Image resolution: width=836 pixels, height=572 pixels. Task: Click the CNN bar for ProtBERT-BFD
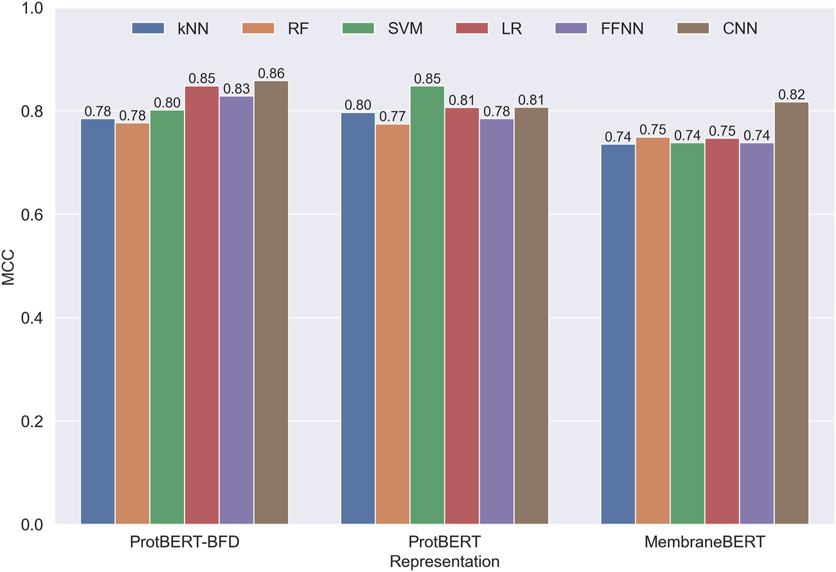[x=271, y=303]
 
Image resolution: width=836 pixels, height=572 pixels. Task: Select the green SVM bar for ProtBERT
[x=427, y=305]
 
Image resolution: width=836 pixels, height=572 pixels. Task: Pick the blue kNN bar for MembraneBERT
[x=618, y=334]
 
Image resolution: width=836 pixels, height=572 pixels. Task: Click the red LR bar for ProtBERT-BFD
[x=201, y=305]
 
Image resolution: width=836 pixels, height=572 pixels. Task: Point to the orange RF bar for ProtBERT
[x=392, y=324]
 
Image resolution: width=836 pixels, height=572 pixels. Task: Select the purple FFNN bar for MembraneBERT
[x=757, y=334]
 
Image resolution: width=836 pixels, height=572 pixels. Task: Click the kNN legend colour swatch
[x=148, y=28]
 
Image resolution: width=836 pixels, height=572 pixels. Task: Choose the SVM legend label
[x=405, y=28]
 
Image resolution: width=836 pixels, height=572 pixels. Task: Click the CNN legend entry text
[x=740, y=28]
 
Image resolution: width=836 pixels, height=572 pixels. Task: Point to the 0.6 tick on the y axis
[x=32, y=215]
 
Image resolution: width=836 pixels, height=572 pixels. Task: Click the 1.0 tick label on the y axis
[x=32, y=8]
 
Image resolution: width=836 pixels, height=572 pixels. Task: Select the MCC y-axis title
[x=9, y=267]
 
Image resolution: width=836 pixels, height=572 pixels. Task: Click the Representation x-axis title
[x=444, y=561]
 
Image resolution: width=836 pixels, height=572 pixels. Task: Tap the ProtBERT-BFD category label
[x=184, y=542]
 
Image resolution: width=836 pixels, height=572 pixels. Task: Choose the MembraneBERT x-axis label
[x=704, y=542]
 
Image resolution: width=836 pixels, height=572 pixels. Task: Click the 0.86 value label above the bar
[x=271, y=74]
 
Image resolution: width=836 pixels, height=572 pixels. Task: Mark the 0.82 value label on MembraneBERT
[x=791, y=94]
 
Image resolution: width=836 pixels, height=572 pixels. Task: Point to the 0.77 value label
[x=392, y=116]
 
